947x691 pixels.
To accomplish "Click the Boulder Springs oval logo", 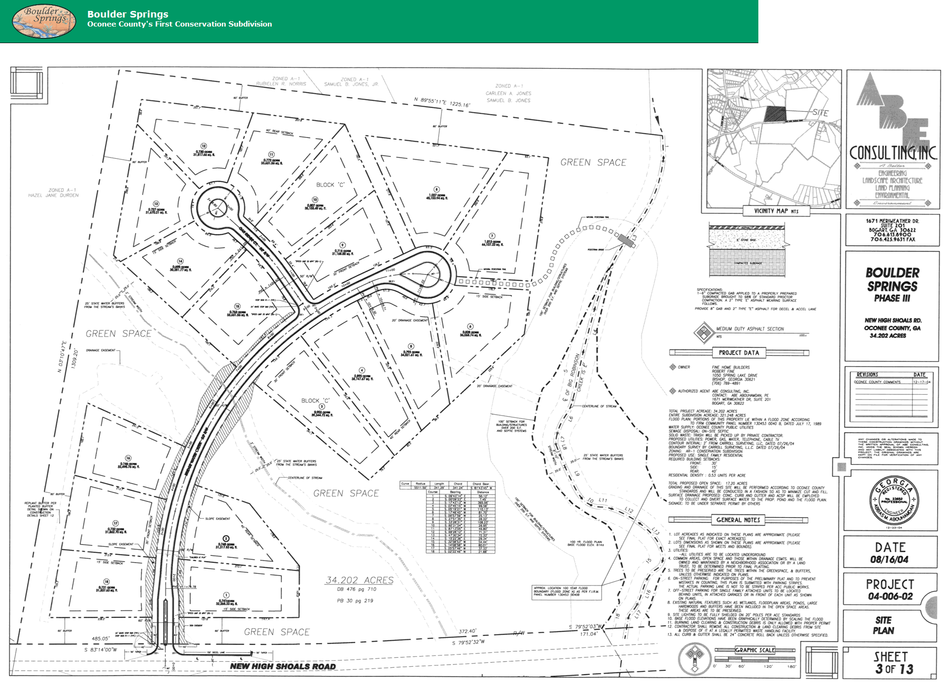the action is pos(44,21).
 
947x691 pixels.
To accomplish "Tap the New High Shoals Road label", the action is pos(283,666).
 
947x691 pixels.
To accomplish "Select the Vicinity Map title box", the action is pos(776,211).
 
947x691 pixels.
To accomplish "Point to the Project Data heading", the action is pos(738,353).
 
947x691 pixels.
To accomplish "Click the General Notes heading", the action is pos(738,520).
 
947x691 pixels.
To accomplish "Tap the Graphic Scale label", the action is pos(755,650).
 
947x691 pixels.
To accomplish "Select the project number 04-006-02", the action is pos(890,596).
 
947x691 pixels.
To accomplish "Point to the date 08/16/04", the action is pos(890,559).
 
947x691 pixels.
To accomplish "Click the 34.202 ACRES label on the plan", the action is pos(359,580).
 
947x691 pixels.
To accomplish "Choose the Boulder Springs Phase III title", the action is pos(892,285).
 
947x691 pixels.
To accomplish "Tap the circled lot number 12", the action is pos(204,146).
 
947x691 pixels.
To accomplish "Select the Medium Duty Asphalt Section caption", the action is pos(750,329).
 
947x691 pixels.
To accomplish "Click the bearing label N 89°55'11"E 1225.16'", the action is pos(442,102).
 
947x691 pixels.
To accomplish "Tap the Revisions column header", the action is pos(867,374).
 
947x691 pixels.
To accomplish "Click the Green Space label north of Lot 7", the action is pos(593,163).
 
